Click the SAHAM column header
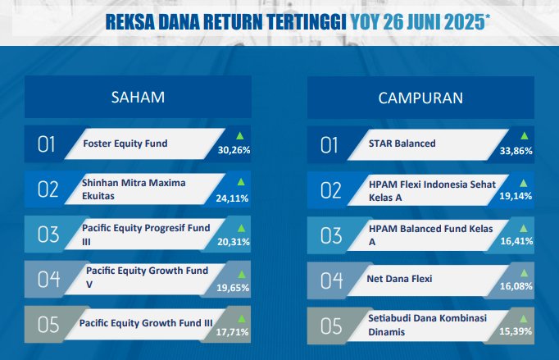coord(138,98)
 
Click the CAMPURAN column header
coord(420,98)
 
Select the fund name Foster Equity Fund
coord(125,144)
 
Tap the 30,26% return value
coord(234,150)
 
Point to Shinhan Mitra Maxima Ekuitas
coord(134,189)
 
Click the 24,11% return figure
coord(232,198)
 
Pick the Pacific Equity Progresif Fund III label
coord(146,235)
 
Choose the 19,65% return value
coord(233,288)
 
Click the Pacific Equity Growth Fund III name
coord(146,323)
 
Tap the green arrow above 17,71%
coord(242,319)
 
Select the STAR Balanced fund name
coord(402,144)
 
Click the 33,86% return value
coord(516,151)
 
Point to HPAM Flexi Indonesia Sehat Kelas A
coord(432,191)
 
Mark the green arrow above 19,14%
coord(524,184)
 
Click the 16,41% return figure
coord(516,241)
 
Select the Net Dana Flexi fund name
coord(399,279)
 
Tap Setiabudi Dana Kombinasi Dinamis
coord(428,325)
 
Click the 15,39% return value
coord(516,331)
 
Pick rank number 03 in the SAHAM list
coord(48,235)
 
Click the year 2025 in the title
coord(465,22)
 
